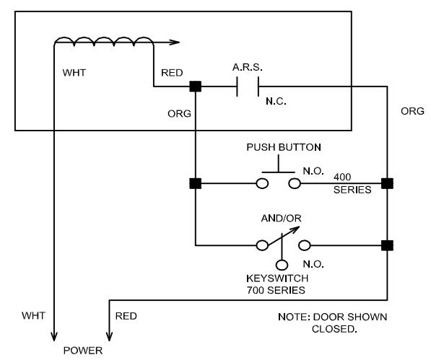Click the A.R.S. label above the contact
[x=248, y=67]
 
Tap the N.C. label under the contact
[x=276, y=101]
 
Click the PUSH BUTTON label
[x=284, y=147]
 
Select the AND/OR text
[x=281, y=219]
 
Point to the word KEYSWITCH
[x=277, y=278]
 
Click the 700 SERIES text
[x=276, y=290]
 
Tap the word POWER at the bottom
[x=83, y=351]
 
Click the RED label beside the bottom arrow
[x=126, y=316]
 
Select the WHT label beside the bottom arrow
[x=33, y=315]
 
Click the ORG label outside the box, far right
[x=412, y=111]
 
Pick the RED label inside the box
[x=172, y=73]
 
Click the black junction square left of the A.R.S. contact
[x=196, y=87]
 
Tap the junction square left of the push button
[x=196, y=183]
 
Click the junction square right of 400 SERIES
[x=387, y=183]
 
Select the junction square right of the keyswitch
[x=387, y=245]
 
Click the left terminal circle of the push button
[x=262, y=183]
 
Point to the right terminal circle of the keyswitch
[x=305, y=245]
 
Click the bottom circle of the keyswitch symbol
[x=282, y=265]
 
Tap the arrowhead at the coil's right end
[x=175, y=43]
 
